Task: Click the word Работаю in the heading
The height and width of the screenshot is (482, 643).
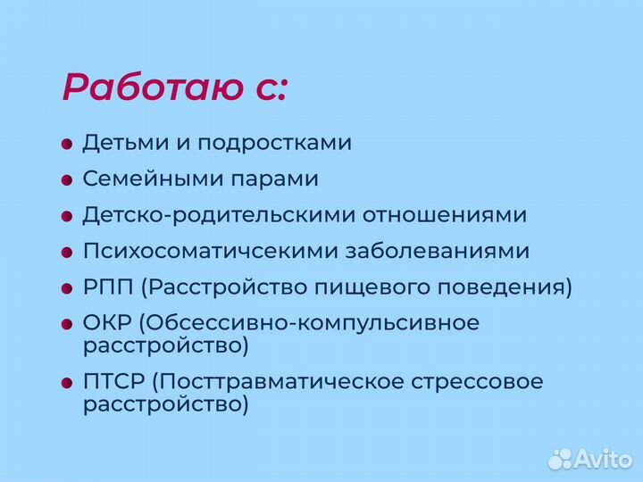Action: pyautogui.click(x=153, y=87)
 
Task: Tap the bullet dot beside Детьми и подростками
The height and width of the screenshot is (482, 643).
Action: pyautogui.click(x=67, y=144)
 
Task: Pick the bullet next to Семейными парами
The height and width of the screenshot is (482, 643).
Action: pyautogui.click(x=67, y=179)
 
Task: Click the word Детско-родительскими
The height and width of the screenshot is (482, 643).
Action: pyautogui.click(x=208, y=215)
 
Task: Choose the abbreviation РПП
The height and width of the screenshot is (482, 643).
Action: pyautogui.click(x=108, y=287)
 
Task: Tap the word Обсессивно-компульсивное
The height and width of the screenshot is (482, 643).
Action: pyautogui.click(x=310, y=323)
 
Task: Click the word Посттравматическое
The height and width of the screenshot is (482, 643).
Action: pyautogui.click(x=280, y=382)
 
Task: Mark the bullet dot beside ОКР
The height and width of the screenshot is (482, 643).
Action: pyautogui.click(x=67, y=324)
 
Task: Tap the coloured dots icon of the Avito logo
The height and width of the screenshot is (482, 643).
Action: pyautogui.click(x=561, y=458)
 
